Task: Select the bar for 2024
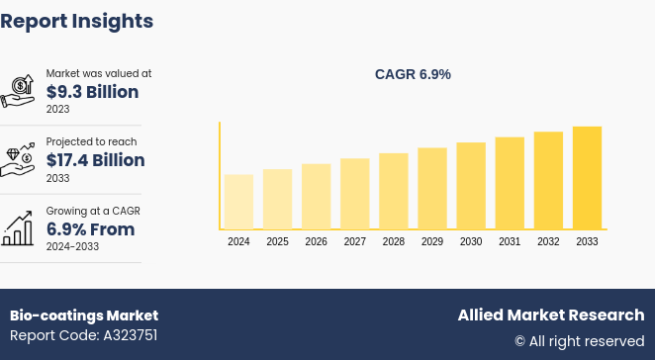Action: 238,202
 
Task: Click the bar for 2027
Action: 354,194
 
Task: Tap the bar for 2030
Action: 471,186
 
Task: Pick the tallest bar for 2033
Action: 587,178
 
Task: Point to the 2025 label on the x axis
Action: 277,242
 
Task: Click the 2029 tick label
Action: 432,242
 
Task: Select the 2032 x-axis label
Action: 548,242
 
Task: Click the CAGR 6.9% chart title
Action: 413,74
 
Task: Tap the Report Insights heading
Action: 77,21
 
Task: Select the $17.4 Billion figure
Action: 95,160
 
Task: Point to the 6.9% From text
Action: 90,229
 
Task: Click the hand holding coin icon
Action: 19,90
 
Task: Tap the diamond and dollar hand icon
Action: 19,159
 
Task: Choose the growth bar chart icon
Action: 19,228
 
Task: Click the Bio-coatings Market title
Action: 84,315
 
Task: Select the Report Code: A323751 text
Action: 84,335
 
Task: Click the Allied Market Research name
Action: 550,315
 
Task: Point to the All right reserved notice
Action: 579,341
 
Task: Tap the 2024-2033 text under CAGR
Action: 71,247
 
